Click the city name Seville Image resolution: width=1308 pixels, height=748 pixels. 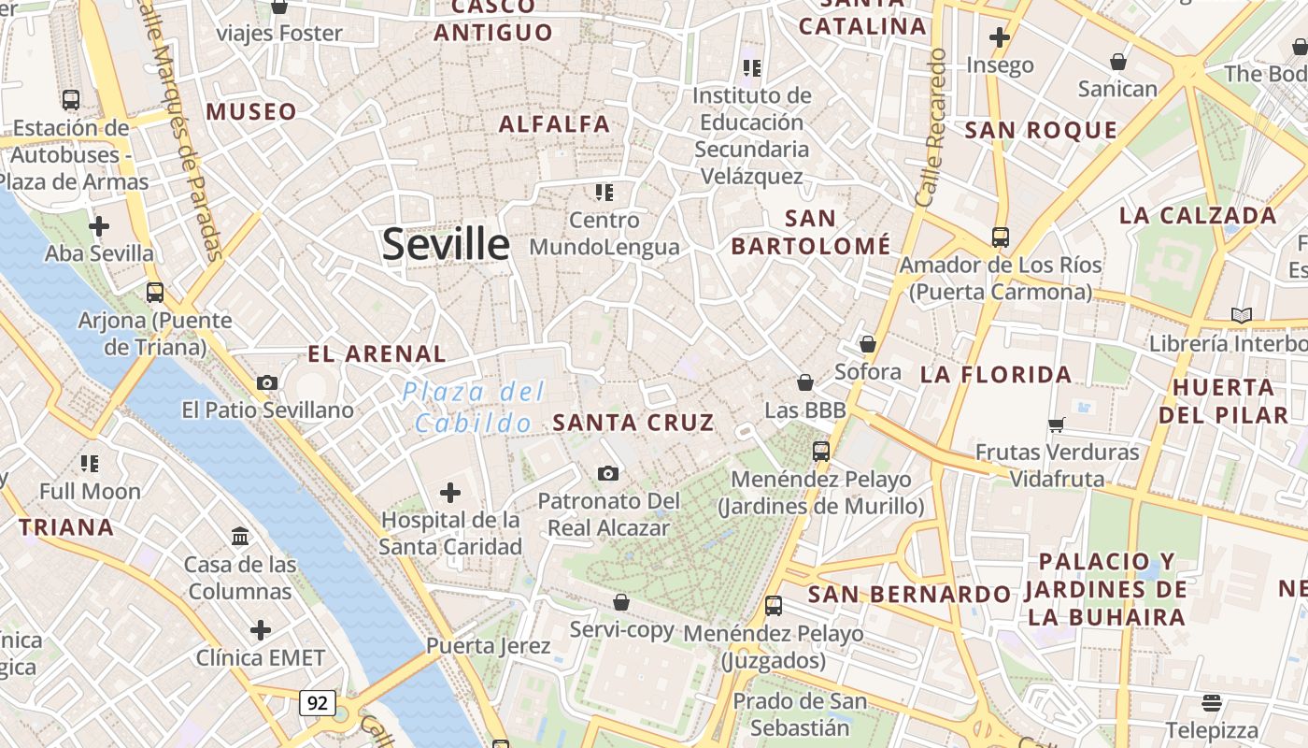pyautogui.click(x=446, y=244)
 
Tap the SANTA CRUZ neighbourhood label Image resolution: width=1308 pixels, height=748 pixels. pyautogui.click(x=633, y=423)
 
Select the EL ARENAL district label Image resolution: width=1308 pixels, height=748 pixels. pyautogui.click(x=377, y=353)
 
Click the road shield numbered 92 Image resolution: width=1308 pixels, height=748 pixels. pyautogui.click(x=318, y=702)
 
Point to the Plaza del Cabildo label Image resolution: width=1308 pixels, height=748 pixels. pyautogui.click(x=475, y=407)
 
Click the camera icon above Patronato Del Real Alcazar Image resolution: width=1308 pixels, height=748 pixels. pyautogui.click(x=608, y=474)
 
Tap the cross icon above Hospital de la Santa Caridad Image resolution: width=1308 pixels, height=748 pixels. pyautogui.click(x=450, y=492)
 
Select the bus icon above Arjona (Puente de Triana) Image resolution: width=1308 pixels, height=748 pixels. pyautogui.click(x=155, y=292)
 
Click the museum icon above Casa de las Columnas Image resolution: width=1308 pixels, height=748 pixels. pyautogui.click(x=240, y=536)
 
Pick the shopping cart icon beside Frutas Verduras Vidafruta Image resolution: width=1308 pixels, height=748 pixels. pyautogui.click(x=1057, y=424)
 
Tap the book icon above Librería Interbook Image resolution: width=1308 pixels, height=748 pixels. pyautogui.click(x=1241, y=315)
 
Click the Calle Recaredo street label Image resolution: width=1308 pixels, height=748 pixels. pyautogui.click(x=931, y=128)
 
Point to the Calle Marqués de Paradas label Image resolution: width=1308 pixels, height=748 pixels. pyautogui.click(x=182, y=131)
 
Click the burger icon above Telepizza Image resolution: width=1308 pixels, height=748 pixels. pyautogui.click(x=1212, y=701)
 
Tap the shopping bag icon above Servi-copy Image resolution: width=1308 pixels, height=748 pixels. pyautogui.click(x=621, y=601)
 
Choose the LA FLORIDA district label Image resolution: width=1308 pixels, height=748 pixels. pyautogui.click(x=996, y=375)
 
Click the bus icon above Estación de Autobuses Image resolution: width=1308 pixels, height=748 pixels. pyautogui.click(x=70, y=99)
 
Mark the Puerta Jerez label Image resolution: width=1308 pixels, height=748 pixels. pyautogui.click(x=488, y=646)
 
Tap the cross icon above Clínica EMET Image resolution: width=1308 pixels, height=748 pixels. pyautogui.click(x=261, y=629)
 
